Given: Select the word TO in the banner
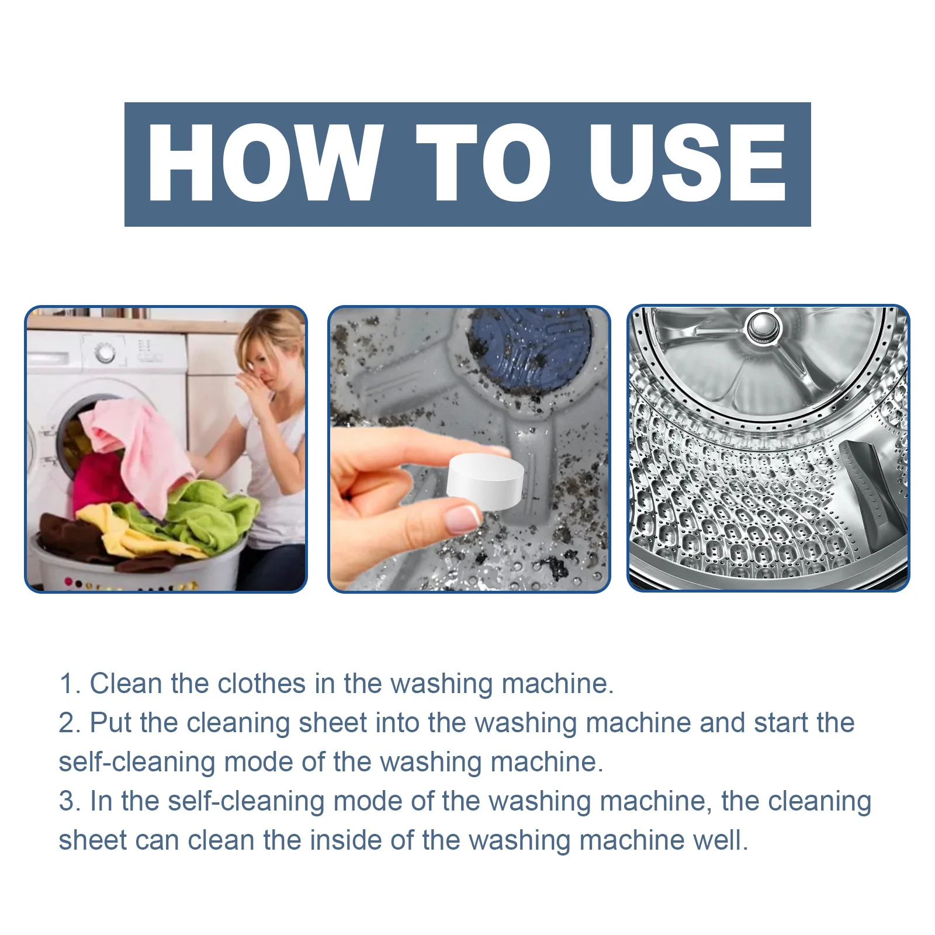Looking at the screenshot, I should tap(483, 163).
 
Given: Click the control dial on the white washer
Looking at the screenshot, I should tap(105, 352).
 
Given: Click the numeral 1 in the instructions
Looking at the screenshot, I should tap(67, 684).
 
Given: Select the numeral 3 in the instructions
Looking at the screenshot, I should tap(67, 801).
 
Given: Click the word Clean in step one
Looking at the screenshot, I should tap(125, 684).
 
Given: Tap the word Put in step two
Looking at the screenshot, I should tap(111, 723).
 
